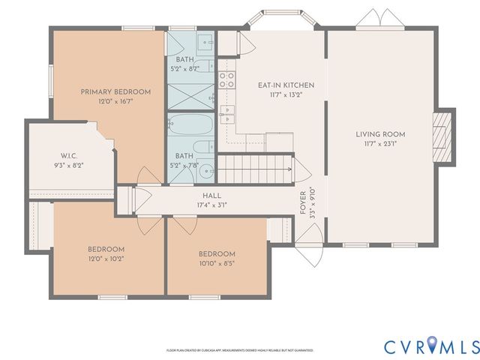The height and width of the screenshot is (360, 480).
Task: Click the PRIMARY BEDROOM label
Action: tap(115, 91)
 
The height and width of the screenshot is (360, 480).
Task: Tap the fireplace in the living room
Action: tap(444, 136)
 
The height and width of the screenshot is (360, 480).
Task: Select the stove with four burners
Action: tap(226, 79)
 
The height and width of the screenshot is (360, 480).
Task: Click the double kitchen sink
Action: tap(227, 116)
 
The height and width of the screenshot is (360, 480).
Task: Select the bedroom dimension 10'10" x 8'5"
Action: tap(217, 264)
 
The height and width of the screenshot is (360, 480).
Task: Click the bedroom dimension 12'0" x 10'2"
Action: tap(106, 259)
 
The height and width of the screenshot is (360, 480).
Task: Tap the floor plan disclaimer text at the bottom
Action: tap(239, 350)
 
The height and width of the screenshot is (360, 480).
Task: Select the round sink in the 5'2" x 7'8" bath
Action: tap(205, 170)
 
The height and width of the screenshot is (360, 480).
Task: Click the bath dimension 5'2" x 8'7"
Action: tap(186, 69)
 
